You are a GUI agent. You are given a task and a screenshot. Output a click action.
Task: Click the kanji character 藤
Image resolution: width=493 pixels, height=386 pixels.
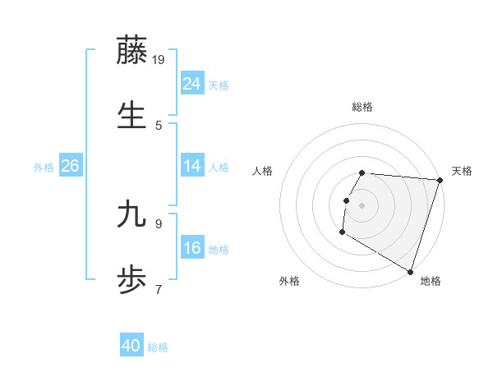click(x=132, y=51)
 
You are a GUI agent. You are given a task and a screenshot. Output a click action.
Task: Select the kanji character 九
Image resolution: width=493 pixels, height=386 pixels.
click(x=132, y=216)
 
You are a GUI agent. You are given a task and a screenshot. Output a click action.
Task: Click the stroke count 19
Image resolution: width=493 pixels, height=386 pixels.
click(x=159, y=59)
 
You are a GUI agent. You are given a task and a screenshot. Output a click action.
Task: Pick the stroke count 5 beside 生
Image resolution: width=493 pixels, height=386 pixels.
click(x=159, y=125)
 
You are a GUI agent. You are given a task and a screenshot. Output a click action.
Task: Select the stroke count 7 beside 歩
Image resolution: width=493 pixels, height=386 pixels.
click(x=159, y=288)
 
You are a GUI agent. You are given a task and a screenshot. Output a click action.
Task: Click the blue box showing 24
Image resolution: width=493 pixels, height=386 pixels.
click(x=192, y=84)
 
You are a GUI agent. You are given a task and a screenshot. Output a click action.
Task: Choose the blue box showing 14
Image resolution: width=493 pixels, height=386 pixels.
click(x=192, y=166)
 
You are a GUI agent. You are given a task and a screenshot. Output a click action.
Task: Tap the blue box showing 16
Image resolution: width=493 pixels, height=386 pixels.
click(x=192, y=248)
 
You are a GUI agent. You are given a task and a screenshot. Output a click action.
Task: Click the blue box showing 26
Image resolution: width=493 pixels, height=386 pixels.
click(x=71, y=166)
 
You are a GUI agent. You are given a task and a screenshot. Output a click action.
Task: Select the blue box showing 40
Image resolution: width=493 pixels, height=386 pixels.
click(x=131, y=347)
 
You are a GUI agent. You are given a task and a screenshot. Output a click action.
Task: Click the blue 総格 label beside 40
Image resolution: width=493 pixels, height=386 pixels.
click(x=159, y=347)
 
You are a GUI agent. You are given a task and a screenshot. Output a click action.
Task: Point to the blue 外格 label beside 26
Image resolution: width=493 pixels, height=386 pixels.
click(x=44, y=168)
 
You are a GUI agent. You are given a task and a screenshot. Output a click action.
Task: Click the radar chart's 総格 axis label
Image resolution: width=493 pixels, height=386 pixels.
click(x=362, y=107)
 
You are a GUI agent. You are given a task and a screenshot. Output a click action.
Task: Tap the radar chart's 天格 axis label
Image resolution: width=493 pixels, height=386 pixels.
click(x=462, y=171)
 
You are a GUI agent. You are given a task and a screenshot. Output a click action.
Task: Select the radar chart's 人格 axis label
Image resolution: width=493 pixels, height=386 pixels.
click(x=263, y=171)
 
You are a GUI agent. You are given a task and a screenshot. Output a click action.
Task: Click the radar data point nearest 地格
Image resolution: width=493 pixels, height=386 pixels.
click(x=409, y=271)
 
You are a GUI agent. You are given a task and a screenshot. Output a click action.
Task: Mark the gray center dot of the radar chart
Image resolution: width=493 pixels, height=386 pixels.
click(x=362, y=204)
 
